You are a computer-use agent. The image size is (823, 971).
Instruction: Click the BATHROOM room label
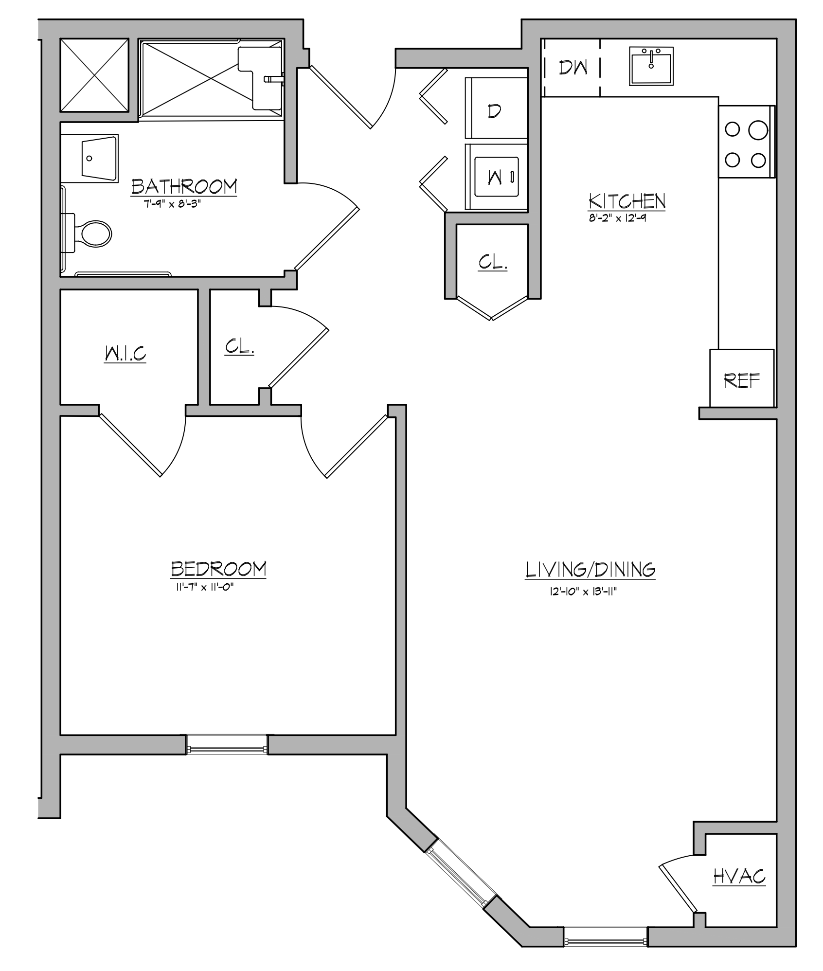184,186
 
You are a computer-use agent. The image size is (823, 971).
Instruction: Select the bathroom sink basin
99,159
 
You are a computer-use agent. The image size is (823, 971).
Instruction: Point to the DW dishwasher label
573,68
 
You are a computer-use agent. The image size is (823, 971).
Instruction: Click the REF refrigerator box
742,378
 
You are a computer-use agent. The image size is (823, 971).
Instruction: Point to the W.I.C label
125,354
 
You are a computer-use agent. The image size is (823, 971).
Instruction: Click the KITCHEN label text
626,201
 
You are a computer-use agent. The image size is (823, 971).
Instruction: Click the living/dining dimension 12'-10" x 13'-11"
585,592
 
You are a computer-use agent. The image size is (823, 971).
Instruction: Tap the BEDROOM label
218,569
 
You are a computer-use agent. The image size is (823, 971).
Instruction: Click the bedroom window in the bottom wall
227,744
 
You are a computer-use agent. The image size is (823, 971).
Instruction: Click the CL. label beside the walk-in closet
239,346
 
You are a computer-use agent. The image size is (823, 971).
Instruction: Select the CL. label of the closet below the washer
493,262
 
